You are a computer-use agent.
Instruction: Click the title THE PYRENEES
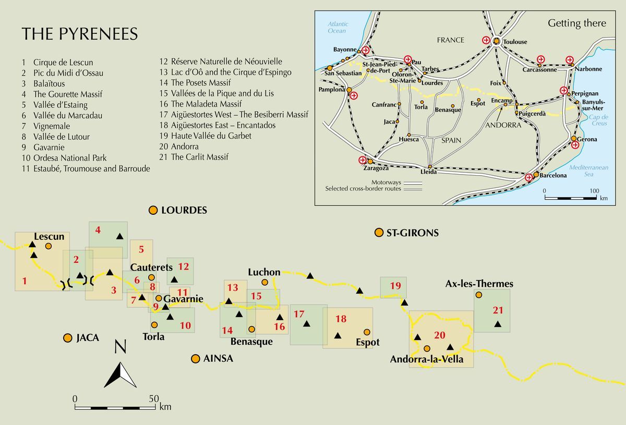(x=80, y=34)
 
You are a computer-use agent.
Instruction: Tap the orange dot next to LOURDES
(x=153, y=210)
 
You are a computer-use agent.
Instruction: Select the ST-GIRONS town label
(x=412, y=233)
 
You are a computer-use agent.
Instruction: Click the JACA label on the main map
(x=87, y=338)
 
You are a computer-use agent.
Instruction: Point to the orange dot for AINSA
(x=195, y=359)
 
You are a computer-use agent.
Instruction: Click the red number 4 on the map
(x=98, y=229)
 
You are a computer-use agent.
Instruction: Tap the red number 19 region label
(x=395, y=285)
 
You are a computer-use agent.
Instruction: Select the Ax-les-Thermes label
(x=479, y=284)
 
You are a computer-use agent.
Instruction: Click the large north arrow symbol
(x=121, y=370)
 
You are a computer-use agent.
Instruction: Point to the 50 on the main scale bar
(x=153, y=399)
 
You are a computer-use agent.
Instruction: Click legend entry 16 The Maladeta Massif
(x=200, y=104)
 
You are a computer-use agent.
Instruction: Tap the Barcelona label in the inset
(x=553, y=175)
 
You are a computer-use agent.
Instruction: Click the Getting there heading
(x=576, y=23)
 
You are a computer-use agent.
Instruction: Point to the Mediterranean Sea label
(x=588, y=171)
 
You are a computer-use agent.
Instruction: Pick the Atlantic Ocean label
(x=337, y=27)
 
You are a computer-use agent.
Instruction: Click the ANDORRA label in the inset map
(x=503, y=125)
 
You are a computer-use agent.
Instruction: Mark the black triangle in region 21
(x=498, y=324)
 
